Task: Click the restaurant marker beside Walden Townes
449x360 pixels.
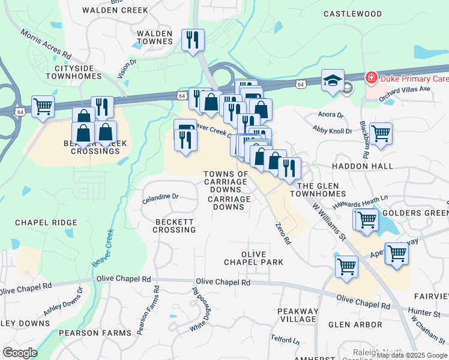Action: pyautogui.click(x=193, y=40)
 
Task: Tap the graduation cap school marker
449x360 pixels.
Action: pyautogui.click(x=331, y=81)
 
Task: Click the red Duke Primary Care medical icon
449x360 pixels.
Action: pyautogui.click(x=372, y=79)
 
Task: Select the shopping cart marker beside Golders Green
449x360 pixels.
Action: pyautogui.click(x=366, y=219)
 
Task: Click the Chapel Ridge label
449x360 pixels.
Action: pyautogui.click(x=46, y=223)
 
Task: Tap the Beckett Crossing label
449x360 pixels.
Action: pyautogui.click(x=175, y=226)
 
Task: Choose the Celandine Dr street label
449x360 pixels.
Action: pyautogui.click(x=160, y=196)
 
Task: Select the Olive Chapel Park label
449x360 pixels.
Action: pyautogui.click(x=253, y=258)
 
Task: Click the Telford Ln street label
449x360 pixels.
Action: pyautogui.click(x=285, y=340)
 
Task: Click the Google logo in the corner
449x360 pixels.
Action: pyautogui.click(x=20, y=353)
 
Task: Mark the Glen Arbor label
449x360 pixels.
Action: pyautogui.click(x=356, y=325)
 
